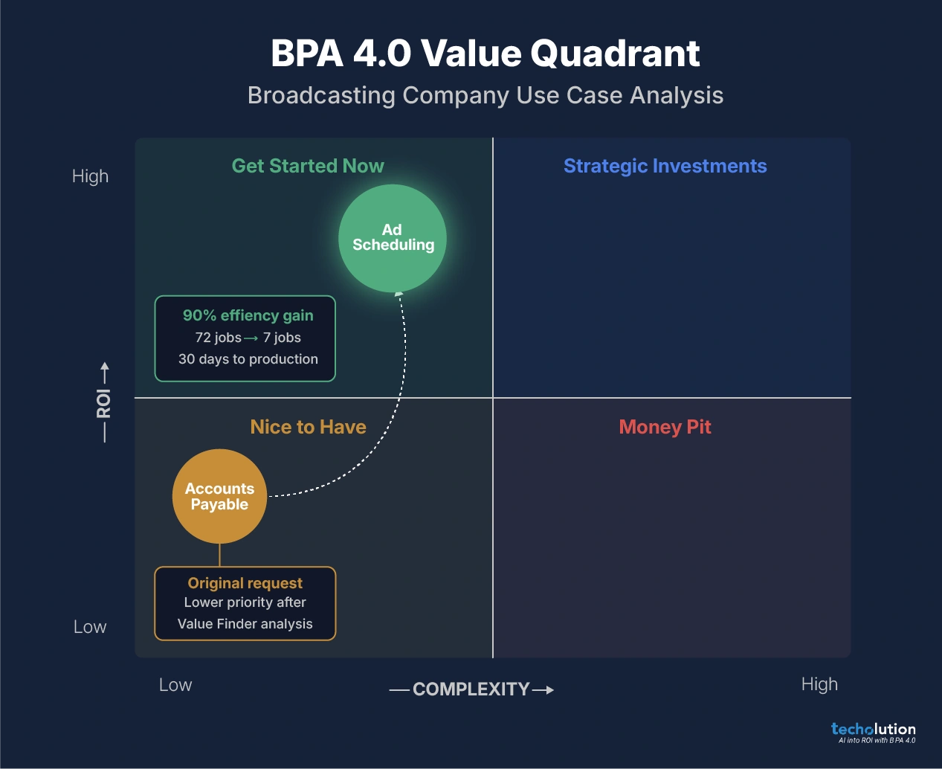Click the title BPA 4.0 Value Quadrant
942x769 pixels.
click(x=485, y=54)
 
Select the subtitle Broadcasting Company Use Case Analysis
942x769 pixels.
click(x=485, y=95)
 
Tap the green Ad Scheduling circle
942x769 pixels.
click(x=393, y=238)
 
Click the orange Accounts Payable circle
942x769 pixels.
click(x=219, y=496)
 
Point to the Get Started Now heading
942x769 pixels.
click(x=308, y=166)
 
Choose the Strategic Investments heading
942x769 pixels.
click(x=665, y=166)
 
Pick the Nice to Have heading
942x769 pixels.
click(x=308, y=427)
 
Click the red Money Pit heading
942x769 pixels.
click(x=665, y=427)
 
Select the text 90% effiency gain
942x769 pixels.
click(x=248, y=315)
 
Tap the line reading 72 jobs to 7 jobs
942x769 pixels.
click(x=248, y=338)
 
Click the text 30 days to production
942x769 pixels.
click(x=248, y=359)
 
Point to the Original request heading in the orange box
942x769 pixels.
click(x=245, y=583)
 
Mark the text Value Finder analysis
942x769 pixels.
click(x=245, y=624)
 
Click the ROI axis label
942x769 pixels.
click(x=104, y=402)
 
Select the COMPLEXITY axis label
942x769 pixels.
click(x=471, y=689)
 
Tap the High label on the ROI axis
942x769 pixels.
click(x=90, y=176)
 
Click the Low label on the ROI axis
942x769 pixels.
click(x=90, y=627)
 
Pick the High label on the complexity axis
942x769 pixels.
click(x=819, y=684)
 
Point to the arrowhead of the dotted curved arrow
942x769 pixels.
click(x=399, y=295)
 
